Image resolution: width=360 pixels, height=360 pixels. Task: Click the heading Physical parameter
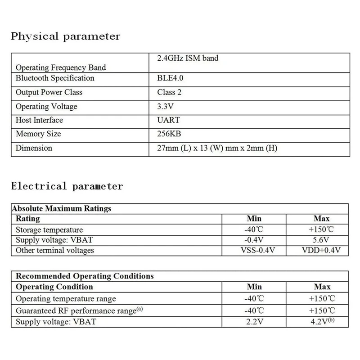click(65, 36)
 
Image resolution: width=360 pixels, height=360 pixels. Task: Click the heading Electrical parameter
click(67, 186)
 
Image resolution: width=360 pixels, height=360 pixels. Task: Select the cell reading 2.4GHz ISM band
click(188, 58)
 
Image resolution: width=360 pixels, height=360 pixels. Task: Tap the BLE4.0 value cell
click(170, 78)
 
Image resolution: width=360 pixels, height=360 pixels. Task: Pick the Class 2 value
click(169, 92)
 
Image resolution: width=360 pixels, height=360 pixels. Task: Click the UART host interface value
click(168, 120)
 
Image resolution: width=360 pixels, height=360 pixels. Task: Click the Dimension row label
click(34, 148)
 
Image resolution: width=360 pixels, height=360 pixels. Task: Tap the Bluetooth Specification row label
click(55, 78)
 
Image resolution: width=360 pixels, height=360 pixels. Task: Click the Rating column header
click(28, 219)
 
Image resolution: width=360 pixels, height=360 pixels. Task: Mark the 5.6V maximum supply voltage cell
click(321, 240)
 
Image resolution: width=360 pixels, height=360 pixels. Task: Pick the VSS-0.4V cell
click(254, 250)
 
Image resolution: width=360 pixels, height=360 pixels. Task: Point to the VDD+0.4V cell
click(321, 250)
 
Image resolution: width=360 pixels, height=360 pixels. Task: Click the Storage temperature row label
click(49, 229)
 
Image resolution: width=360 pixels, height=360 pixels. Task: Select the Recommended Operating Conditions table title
click(85, 276)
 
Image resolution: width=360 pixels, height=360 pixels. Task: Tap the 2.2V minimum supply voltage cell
click(254, 322)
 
